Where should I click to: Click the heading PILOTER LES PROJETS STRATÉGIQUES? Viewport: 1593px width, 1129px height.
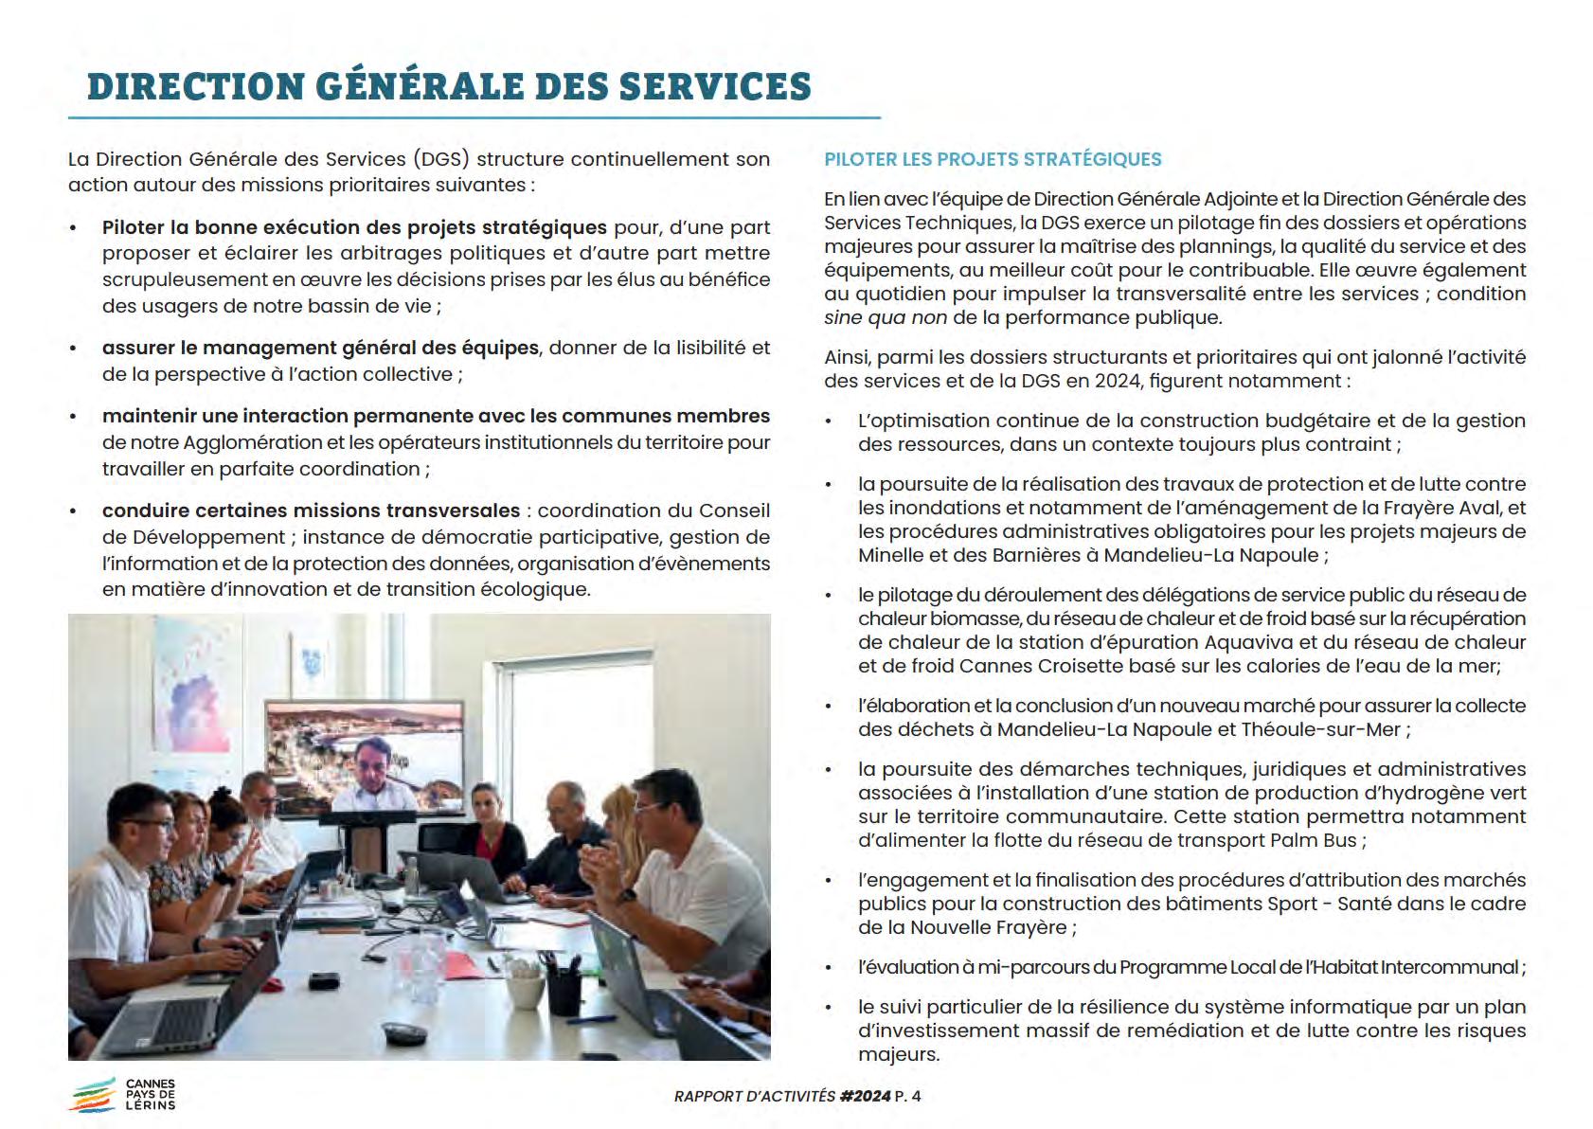point(993,159)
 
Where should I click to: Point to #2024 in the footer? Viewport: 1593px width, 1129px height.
point(865,1096)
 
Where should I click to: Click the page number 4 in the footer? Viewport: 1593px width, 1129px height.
point(915,1096)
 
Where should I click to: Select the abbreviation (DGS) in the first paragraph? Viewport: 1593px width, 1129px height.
point(441,159)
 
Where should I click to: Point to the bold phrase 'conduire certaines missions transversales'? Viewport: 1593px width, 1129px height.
point(311,511)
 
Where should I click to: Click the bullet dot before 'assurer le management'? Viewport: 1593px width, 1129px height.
point(74,349)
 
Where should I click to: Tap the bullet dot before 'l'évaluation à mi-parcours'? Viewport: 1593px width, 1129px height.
point(830,968)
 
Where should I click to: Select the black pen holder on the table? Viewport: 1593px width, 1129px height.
point(564,987)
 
